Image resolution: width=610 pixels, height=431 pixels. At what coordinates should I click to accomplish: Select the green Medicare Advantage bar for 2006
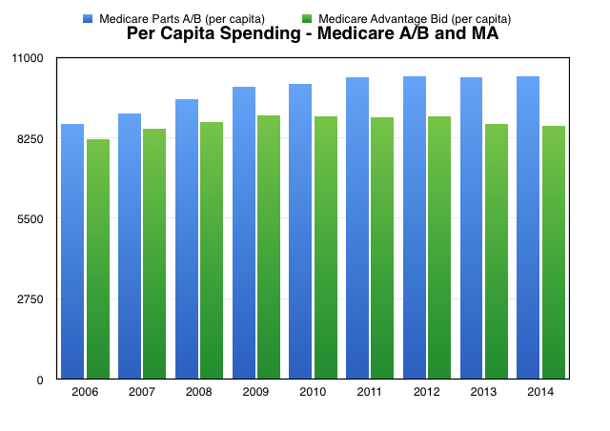[98, 258]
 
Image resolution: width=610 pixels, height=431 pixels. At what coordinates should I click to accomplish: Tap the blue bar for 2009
[243, 233]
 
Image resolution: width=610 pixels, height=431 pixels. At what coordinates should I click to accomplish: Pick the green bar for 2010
[326, 247]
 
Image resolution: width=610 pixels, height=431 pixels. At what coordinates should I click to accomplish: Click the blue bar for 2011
[357, 228]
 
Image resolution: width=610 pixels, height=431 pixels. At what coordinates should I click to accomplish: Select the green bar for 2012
[439, 247]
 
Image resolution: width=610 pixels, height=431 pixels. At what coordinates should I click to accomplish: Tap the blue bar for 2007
[130, 246]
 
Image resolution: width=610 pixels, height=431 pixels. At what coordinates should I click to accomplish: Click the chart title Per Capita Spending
[313, 34]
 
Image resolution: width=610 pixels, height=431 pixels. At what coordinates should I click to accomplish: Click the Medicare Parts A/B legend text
[182, 18]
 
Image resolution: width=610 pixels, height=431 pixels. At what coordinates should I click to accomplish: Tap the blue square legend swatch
[89, 18]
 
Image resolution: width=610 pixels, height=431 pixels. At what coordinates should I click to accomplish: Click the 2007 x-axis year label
[142, 392]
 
